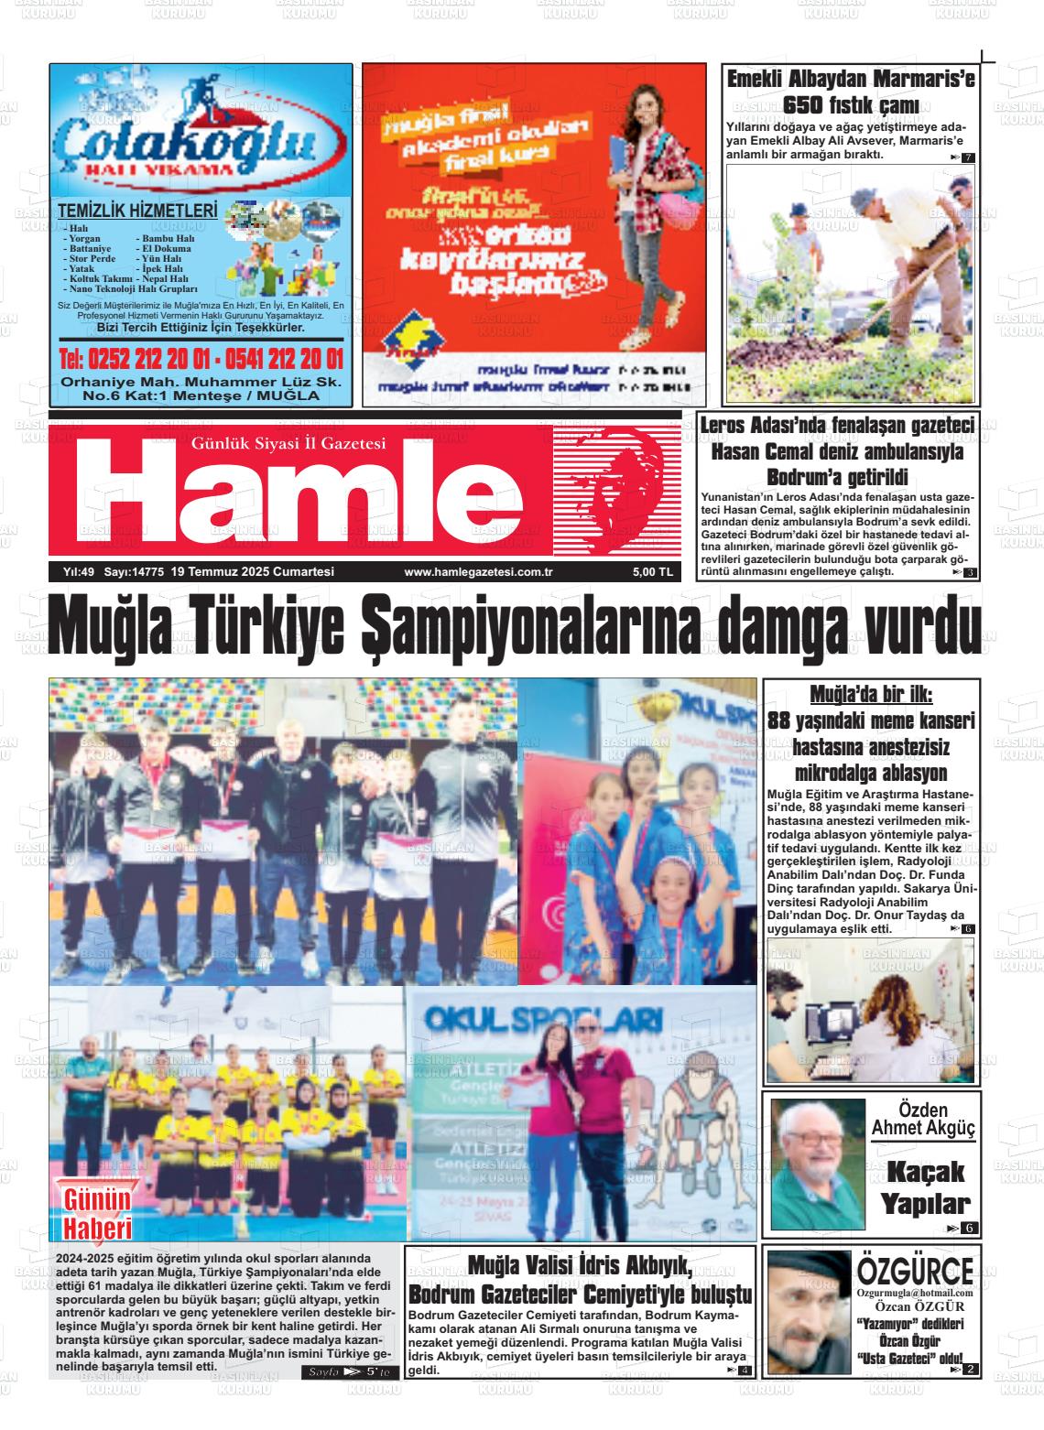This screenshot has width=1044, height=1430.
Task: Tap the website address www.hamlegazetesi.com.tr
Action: click(x=478, y=572)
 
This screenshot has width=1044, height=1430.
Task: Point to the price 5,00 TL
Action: click(x=652, y=572)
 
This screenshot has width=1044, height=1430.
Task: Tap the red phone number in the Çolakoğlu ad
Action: click(x=201, y=358)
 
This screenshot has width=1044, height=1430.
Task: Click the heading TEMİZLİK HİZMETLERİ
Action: click(x=138, y=210)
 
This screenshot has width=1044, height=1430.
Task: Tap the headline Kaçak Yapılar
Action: click(x=925, y=1186)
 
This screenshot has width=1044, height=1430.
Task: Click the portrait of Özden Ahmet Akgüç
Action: click(x=817, y=1163)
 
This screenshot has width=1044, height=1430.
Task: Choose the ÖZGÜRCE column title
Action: click(x=915, y=1270)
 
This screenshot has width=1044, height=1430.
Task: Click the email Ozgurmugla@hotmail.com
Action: click(x=914, y=1292)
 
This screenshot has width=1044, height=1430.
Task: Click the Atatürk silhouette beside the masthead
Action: click(x=615, y=492)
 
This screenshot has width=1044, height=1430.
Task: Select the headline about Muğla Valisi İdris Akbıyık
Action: click(x=581, y=1282)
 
